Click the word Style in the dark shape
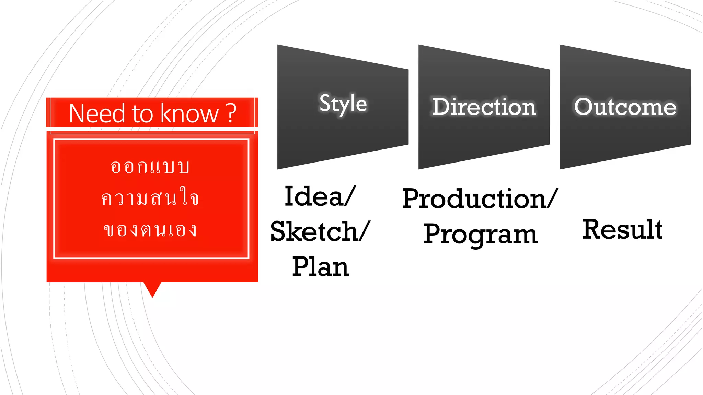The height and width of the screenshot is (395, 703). pyautogui.click(x=343, y=103)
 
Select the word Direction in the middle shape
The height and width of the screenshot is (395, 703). pyautogui.click(x=484, y=107)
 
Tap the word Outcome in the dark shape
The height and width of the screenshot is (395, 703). pyautogui.click(x=625, y=107)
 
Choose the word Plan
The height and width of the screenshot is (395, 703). pyautogui.click(x=321, y=266)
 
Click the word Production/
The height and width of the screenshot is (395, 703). pyautogui.click(x=480, y=199)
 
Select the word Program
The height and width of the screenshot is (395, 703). pyautogui.click(x=480, y=234)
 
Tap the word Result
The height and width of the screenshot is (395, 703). pyautogui.click(x=622, y=229)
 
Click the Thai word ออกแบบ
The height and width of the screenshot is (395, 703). pyautogui.click(x=150, y=167)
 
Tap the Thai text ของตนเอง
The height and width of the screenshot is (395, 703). pyautogui.click(x=150, y=230)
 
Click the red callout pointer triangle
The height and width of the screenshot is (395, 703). pyautogui.click(x=152, y=288)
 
